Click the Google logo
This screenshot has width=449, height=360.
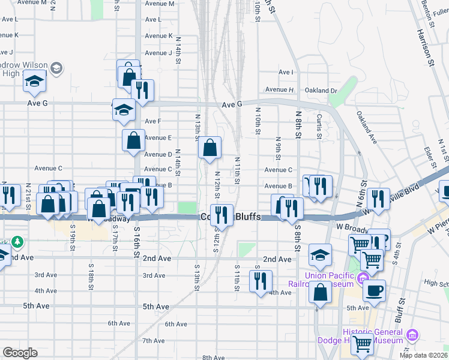click(x=20, y=353)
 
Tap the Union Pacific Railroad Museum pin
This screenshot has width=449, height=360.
click(x=362, y=278)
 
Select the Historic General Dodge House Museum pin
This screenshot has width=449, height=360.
click(x=412, y=335)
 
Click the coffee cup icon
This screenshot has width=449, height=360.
click(x=375, y=290)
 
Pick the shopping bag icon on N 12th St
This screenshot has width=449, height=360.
click(x=210, y=147)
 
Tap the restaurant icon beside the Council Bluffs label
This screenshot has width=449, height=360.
click(x=222, y=214)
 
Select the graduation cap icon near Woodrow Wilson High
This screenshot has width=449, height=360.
click(x=35, y=80)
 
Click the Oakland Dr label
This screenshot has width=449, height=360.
click(x=321, y=91)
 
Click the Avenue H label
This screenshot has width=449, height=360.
click(x=279, y=90)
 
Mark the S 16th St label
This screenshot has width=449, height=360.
click(x=136, y=245)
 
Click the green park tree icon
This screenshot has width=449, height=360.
click(x=19, y=242)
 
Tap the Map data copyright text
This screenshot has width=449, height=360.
click(x=424, y=355)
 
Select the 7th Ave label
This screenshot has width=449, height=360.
click(x=154, y=341)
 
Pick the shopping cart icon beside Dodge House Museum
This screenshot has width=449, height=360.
click(x=363, y=344)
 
